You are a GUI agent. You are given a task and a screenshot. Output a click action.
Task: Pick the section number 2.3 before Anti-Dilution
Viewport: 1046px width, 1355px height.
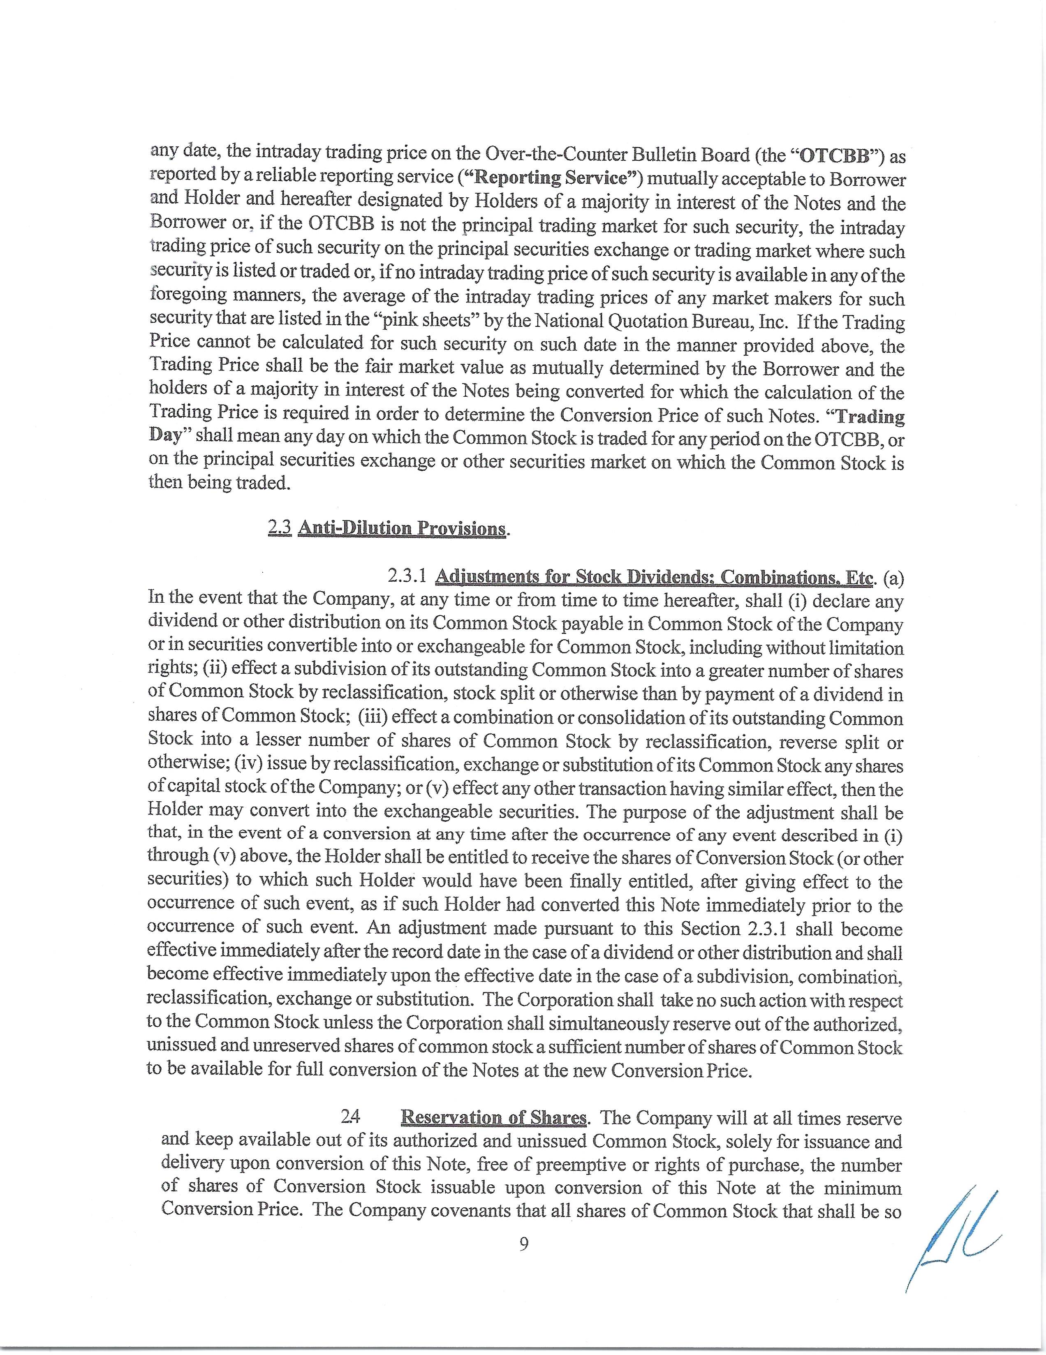(x=280, y=528)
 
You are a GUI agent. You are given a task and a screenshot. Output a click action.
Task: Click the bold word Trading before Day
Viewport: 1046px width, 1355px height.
(x=875, y=415)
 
